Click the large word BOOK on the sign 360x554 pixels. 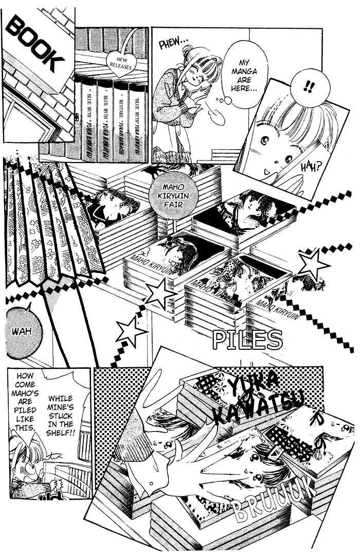tap(39, 45)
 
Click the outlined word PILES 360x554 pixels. tap(248, 340)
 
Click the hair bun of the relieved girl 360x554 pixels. tap(188, 50)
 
